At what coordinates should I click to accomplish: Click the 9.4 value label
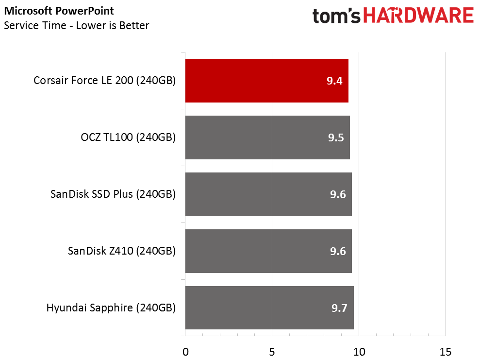coord(334,81)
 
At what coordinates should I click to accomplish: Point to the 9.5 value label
coord(336,138)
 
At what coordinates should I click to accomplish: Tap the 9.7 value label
coord(339,309)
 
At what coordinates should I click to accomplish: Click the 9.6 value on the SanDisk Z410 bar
coord(337,252)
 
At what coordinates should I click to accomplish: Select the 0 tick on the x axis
coord(185,351)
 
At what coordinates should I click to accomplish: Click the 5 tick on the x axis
coord(272,351)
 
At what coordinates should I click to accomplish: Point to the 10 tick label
coord(359,351)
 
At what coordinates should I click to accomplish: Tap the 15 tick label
coord(446,351)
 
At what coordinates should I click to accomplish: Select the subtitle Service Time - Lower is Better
coord(76,25)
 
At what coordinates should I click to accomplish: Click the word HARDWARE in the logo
coord(419,16)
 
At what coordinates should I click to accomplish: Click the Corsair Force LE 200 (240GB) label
coord(104,81)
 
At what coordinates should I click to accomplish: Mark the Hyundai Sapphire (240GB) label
coord(111,308)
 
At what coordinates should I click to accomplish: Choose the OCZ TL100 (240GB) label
coord(128,137)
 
